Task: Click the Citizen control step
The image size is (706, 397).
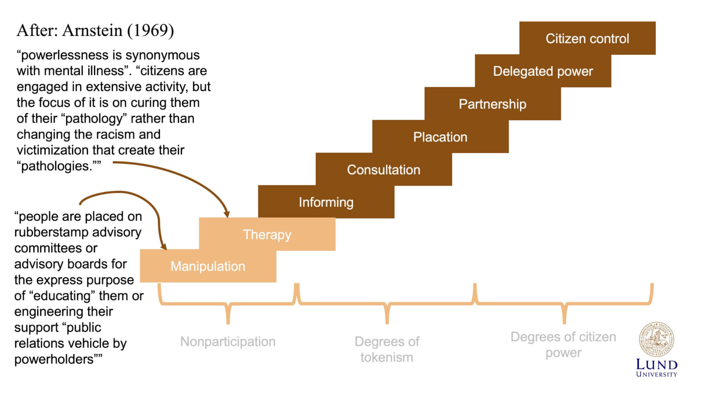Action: (x=587, y=38)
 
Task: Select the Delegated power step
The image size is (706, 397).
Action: (x=543, y=71)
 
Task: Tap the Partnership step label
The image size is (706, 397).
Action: (x=492, y=104)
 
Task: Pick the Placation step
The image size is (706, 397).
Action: (x=440, y=137)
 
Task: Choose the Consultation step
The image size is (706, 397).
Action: (x=383, y=170)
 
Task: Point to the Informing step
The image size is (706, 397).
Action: (x=326, y=202)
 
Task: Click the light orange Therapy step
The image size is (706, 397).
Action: (x=267, y=234)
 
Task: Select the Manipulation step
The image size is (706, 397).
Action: (x=208, y=266)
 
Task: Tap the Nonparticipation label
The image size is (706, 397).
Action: (x=228, y=342)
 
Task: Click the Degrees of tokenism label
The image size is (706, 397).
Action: (x=387, y=349)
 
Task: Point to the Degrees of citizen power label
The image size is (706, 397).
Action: (x=563, y=344)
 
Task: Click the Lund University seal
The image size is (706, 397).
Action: (x=656, y=340)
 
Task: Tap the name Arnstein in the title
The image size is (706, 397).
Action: (x=92, y=30)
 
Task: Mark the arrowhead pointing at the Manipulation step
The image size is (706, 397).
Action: (x=164, y=247)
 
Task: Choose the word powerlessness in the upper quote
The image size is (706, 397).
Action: (x=64, y=55)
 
